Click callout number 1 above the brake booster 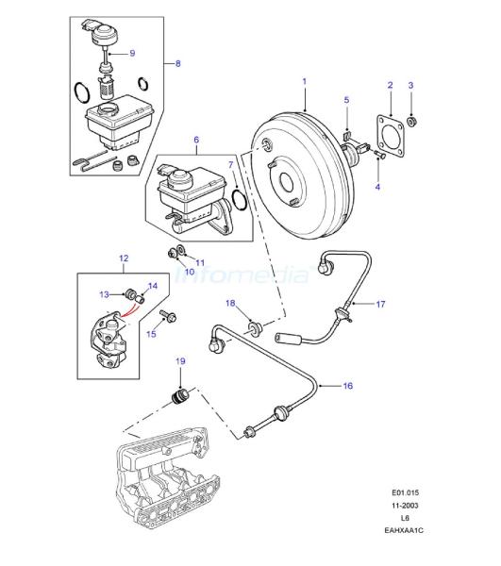pos(305,81)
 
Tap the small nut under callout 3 pos(410,122)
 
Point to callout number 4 pos(377,187)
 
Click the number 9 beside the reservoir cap pos(132,53)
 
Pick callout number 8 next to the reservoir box pos(178,63)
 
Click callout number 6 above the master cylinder pos(196,140)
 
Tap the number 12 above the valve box pos(124,258)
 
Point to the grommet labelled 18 pos(255,328)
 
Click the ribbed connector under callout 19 pos(179,397)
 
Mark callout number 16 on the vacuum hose pos(347,386)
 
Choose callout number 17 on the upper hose pos(380,305)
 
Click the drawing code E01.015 pos(406,492)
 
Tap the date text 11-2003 pos(405,506)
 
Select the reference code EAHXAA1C pos(404,530)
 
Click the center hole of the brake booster pos(287,181)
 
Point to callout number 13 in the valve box pos(104,295)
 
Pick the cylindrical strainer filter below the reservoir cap pos(106,88)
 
